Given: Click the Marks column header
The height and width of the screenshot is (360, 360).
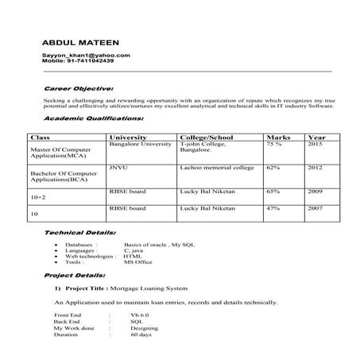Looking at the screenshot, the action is tap(278, 137).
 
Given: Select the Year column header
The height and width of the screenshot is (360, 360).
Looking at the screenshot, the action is tap(316, 137).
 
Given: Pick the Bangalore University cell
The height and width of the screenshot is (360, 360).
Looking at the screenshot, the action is tap(140, 145).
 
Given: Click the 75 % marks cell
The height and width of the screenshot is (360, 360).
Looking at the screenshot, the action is tap(274, 145).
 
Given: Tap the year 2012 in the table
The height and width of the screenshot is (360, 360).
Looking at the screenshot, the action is tap(315, 168).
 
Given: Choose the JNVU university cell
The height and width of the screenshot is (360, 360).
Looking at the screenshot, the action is tap(119, 168).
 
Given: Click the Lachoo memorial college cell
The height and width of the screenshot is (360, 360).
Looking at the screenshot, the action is tap(217, 168).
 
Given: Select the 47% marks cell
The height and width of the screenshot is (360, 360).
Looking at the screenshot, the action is tap(273, 208).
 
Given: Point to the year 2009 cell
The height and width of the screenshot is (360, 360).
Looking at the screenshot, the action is tap(315, 192).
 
